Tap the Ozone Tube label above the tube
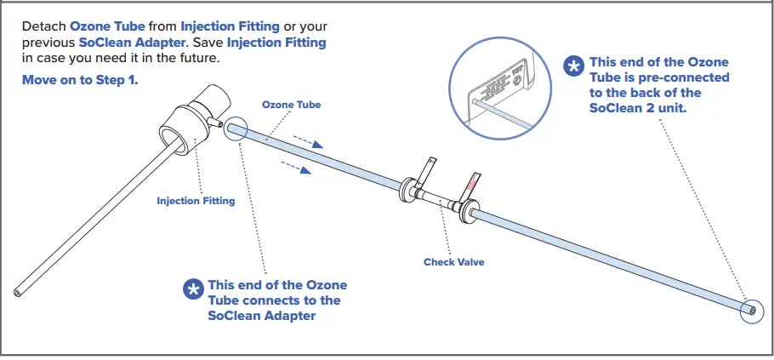(291, 105)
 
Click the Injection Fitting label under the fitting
(196, 202)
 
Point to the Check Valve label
(453, 262)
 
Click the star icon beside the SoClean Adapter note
(194, 289)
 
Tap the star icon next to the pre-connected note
(575, 65)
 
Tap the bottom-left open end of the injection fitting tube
(17, 293)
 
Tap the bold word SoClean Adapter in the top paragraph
(127, 42)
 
